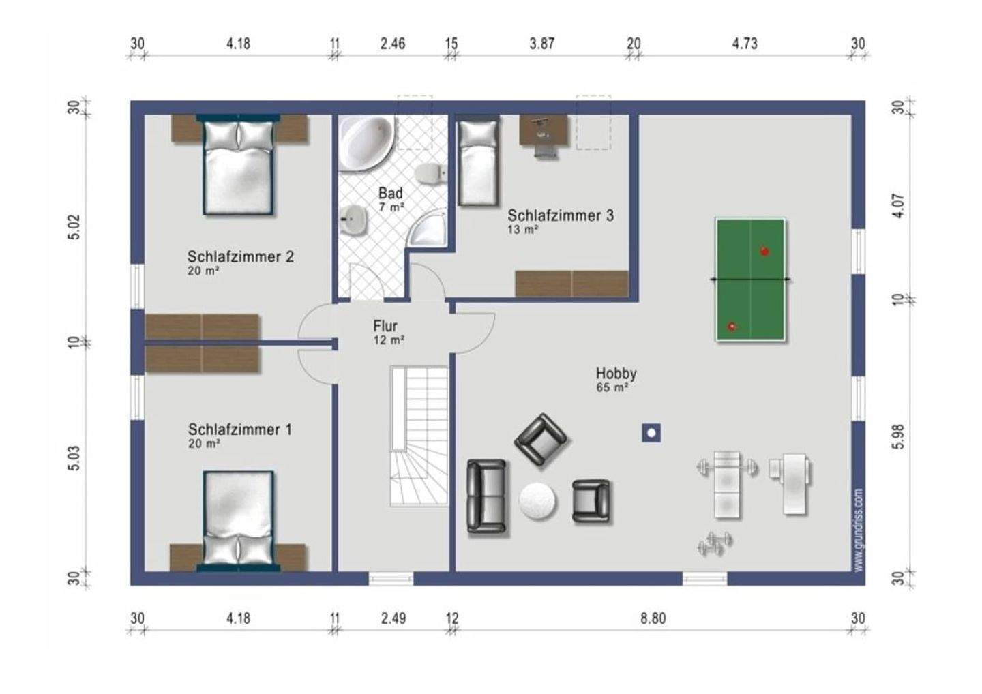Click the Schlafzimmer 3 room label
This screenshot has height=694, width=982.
[561, 215]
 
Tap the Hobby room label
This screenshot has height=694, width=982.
[616, 374]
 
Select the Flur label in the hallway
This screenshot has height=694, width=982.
[385, 326]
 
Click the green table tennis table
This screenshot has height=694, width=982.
[750, 280]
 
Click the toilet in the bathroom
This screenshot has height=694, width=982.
[430, 173]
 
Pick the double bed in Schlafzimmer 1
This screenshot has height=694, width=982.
[239, 522]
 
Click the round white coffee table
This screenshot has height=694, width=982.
[537, 501]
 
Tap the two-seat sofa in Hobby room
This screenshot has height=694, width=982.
[486, 496]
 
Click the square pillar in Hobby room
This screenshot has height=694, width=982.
[651, 433]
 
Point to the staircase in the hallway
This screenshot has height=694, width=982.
[419, 436]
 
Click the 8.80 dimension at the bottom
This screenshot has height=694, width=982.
[653, 618]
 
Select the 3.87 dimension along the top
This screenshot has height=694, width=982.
[542, 44]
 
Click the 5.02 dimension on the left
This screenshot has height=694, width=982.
[74, 226]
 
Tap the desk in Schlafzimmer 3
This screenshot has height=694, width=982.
[544, 130]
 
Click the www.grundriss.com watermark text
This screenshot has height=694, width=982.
[859, 530]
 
